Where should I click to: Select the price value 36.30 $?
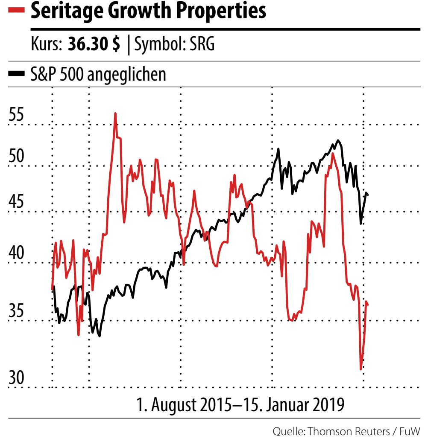94,44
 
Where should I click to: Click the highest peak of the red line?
115,113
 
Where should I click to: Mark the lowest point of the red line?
361,369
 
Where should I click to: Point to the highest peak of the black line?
338,140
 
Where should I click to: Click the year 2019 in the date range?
328,404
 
